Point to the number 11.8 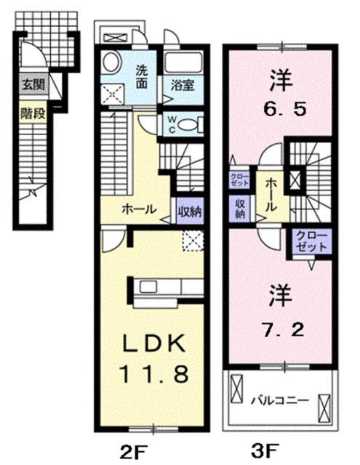(156, 374)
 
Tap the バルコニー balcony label (281, 400)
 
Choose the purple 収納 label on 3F (240, 210)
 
